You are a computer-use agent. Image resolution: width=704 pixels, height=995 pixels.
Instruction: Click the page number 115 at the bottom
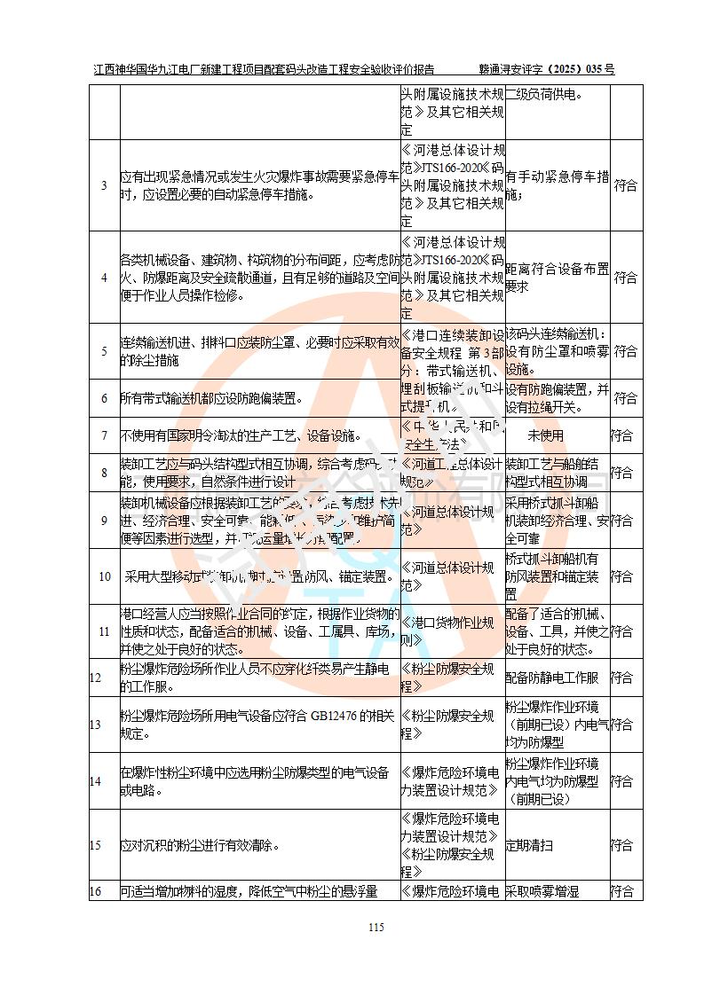pos(376,928)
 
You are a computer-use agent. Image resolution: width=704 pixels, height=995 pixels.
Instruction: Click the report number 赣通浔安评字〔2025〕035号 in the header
pos(546,68)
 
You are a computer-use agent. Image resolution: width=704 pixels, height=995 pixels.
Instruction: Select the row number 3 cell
pos(104,185)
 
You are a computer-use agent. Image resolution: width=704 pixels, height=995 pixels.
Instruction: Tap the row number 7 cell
pos(104,435)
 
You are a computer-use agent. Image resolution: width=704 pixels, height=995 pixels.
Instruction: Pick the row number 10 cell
pos(104,576)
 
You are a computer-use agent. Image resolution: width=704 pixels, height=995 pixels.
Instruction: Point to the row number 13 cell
pos(104,725)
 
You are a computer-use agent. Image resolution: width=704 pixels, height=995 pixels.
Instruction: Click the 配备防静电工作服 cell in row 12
pos(556,678)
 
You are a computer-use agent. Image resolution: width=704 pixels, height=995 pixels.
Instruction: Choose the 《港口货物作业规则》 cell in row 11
pos(451,631)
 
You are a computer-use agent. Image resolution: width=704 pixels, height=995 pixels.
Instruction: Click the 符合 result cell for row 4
pos(626,278)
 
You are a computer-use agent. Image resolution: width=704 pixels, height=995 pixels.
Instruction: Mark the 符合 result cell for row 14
pos(626,781)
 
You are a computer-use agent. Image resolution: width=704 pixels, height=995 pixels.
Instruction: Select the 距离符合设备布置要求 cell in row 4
pos(557,278)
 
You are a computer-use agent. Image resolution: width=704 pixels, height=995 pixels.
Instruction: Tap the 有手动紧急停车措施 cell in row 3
pos(557,185)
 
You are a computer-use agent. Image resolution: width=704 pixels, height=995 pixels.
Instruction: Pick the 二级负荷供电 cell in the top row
pos(545,93)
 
